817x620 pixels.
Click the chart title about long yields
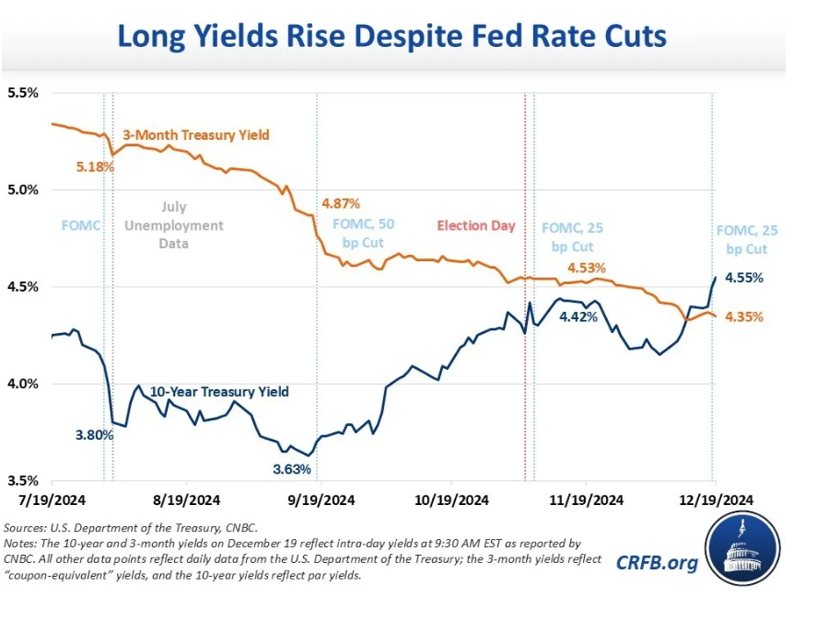coord(391,37)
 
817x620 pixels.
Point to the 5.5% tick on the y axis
coord(23,93)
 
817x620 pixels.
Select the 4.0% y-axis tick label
coord(23,384)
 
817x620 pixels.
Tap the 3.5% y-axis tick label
coord(23,480)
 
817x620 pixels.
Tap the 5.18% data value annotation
coord(95,167)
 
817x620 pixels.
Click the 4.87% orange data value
coord(340,202)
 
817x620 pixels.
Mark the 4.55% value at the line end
coord(744,277)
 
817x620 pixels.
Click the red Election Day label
coord(476,225)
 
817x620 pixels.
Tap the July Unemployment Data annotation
coord(187,225)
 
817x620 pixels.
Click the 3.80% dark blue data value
coord(95,435)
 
